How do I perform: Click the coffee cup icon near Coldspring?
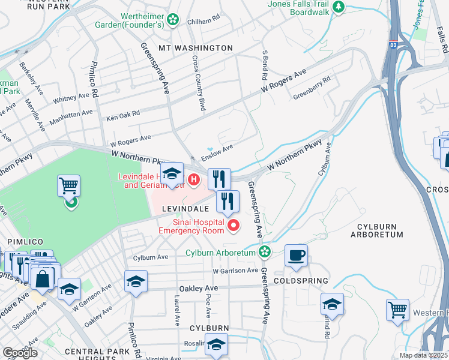[x=296, y=255]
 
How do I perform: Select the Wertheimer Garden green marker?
[x=173, y=20]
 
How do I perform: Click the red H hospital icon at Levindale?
[x=194, y=179]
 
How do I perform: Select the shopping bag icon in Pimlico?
[x=44, y=278]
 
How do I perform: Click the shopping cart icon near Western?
[x=397, y=310]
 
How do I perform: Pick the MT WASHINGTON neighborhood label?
[x=195, y=47]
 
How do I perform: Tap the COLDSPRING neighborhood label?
[x=301, y=281]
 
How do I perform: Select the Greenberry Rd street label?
[x=312, y=88]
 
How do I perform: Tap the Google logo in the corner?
[x=20, y=353]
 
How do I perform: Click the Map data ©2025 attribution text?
[x=423, y=355]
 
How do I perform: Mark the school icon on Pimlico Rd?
[x=136, y=281]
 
